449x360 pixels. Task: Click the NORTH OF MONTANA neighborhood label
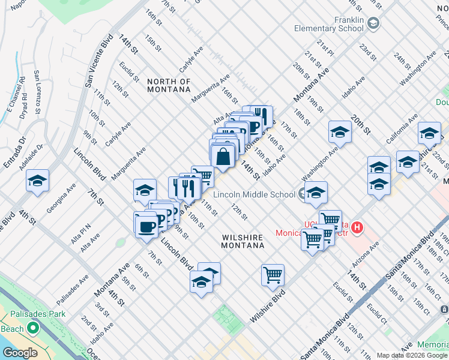(169, 85)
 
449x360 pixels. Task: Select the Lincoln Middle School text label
(254, 194)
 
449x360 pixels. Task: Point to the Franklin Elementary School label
(329, 24)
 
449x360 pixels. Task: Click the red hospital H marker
(358, 227)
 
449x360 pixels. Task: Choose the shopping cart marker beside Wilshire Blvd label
(273, 275)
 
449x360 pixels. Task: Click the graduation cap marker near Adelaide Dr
(37, 181)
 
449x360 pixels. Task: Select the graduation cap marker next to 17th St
(339, 133)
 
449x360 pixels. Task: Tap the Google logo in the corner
(20, 353)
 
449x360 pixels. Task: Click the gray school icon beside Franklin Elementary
(373, 23)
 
